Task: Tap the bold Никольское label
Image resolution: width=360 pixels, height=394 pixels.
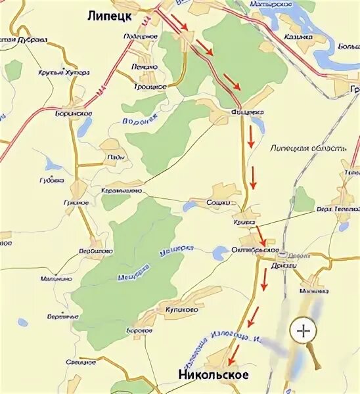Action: click(x=214, y=375)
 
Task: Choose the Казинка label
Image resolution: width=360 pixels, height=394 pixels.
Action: click(x=298, y=36)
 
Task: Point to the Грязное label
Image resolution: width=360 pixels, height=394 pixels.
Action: click(x=76, y=202)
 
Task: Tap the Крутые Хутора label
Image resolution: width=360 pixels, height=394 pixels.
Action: click(x=63, y=73)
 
